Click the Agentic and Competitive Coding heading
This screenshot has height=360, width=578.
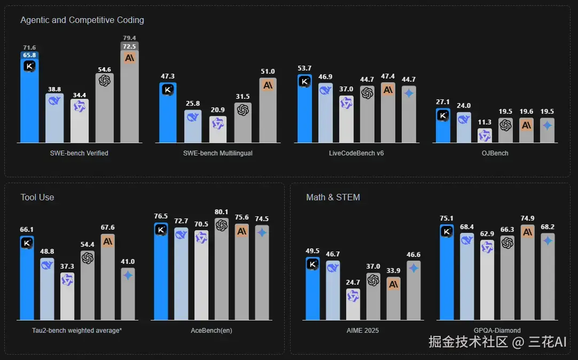(82, 20)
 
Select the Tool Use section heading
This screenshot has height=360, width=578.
(37, 197)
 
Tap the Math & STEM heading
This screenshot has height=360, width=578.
(333, 197)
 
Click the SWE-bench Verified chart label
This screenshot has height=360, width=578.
(79, 153)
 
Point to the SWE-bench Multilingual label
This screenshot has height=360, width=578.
(218, 153)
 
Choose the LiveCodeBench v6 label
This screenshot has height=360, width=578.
(356, 153)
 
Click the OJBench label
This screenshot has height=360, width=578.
(494, 153)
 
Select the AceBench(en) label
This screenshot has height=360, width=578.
(212, 331)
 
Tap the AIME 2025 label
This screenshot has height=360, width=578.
(363, 331)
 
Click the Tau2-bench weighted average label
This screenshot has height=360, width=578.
(77, 331)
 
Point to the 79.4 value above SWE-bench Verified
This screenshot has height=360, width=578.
(129, 38)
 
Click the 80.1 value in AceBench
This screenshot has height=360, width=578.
(221, 212)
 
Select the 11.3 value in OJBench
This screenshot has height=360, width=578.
(485, 122)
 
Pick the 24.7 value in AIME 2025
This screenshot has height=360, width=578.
(353, 283)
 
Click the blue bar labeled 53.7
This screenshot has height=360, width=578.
(304, 112)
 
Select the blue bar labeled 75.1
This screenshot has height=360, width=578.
(447, 275)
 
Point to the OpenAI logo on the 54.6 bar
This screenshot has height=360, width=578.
(105, 81)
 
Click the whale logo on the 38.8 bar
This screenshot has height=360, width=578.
(54, 101)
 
